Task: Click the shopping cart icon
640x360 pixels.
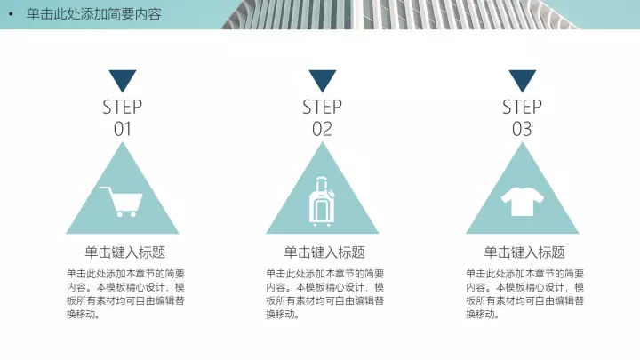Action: point(121,202)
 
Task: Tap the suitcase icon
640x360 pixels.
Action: point(322,202)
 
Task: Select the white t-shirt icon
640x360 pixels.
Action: point(523,201)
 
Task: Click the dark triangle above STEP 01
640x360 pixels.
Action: point(123,80)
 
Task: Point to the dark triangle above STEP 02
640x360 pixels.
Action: point(323,80)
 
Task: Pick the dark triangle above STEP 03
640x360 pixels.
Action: point(523,80)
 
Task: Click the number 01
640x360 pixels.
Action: point(123,129)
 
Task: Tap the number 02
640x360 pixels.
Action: point(322,129)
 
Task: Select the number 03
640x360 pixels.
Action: point(522,129)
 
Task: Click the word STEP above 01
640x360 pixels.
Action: point(123,107)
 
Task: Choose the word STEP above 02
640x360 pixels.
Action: point(322,107)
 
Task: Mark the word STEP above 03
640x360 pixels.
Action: point(522,107)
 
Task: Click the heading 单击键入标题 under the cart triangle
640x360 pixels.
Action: point(125,252)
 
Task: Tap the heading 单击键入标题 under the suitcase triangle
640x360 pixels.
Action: point(324,252)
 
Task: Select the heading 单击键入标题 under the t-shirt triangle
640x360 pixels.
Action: point(524,252)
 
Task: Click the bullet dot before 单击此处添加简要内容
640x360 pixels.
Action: point(11,14)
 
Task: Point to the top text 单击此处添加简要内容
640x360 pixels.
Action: point(94,14)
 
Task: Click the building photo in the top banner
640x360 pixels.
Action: point(400,14)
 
